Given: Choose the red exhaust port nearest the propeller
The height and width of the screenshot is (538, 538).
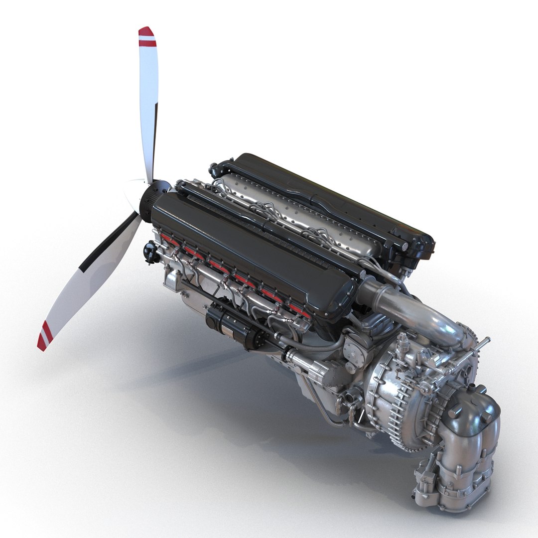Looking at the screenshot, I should (169, 242).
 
